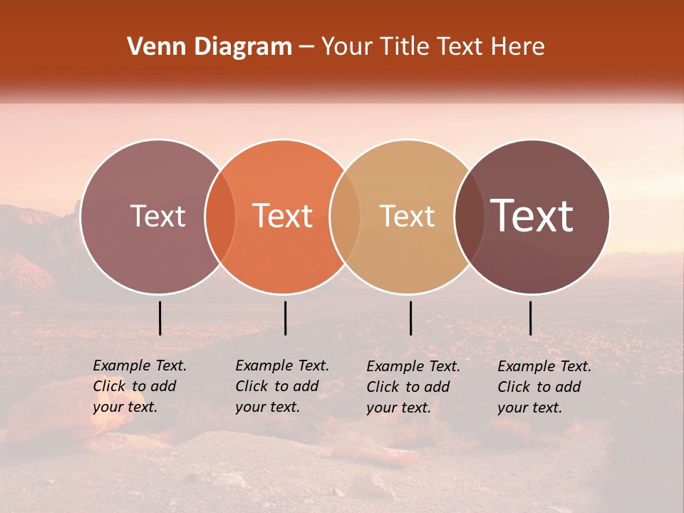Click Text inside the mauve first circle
point(157,216)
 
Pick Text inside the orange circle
point(283,216)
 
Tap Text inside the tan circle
point(407,216)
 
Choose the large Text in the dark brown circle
point(532,216)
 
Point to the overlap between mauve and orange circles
point(220,216)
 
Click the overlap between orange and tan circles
point(345,216)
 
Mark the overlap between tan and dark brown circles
point(468,216)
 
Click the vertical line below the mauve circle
point(160,318)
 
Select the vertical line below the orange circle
point(285,318)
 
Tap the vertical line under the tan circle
point(410,318)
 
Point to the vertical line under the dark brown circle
point(530,318)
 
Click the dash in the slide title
point(306,47)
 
